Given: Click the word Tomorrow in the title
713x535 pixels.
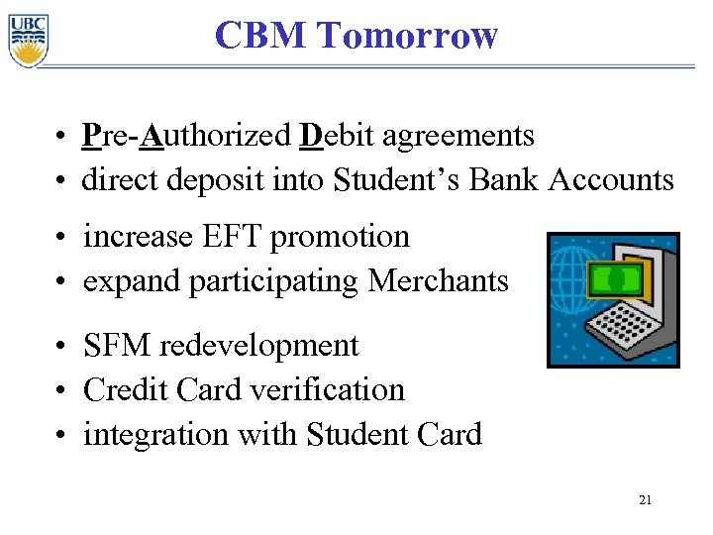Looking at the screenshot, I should click(x=409, y=36).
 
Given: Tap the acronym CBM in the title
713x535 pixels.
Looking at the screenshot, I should click(x=261, y=36).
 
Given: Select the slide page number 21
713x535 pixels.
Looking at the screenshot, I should click(x=645, y=501).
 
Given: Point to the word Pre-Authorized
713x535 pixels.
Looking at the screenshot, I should click(x=187, y=135).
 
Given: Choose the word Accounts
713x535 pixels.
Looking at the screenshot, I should click(x=611, y=180).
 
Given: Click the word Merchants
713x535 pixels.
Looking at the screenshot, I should click(x=438, y=281).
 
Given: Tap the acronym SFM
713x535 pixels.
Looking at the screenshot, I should click(x=117, y=346).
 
